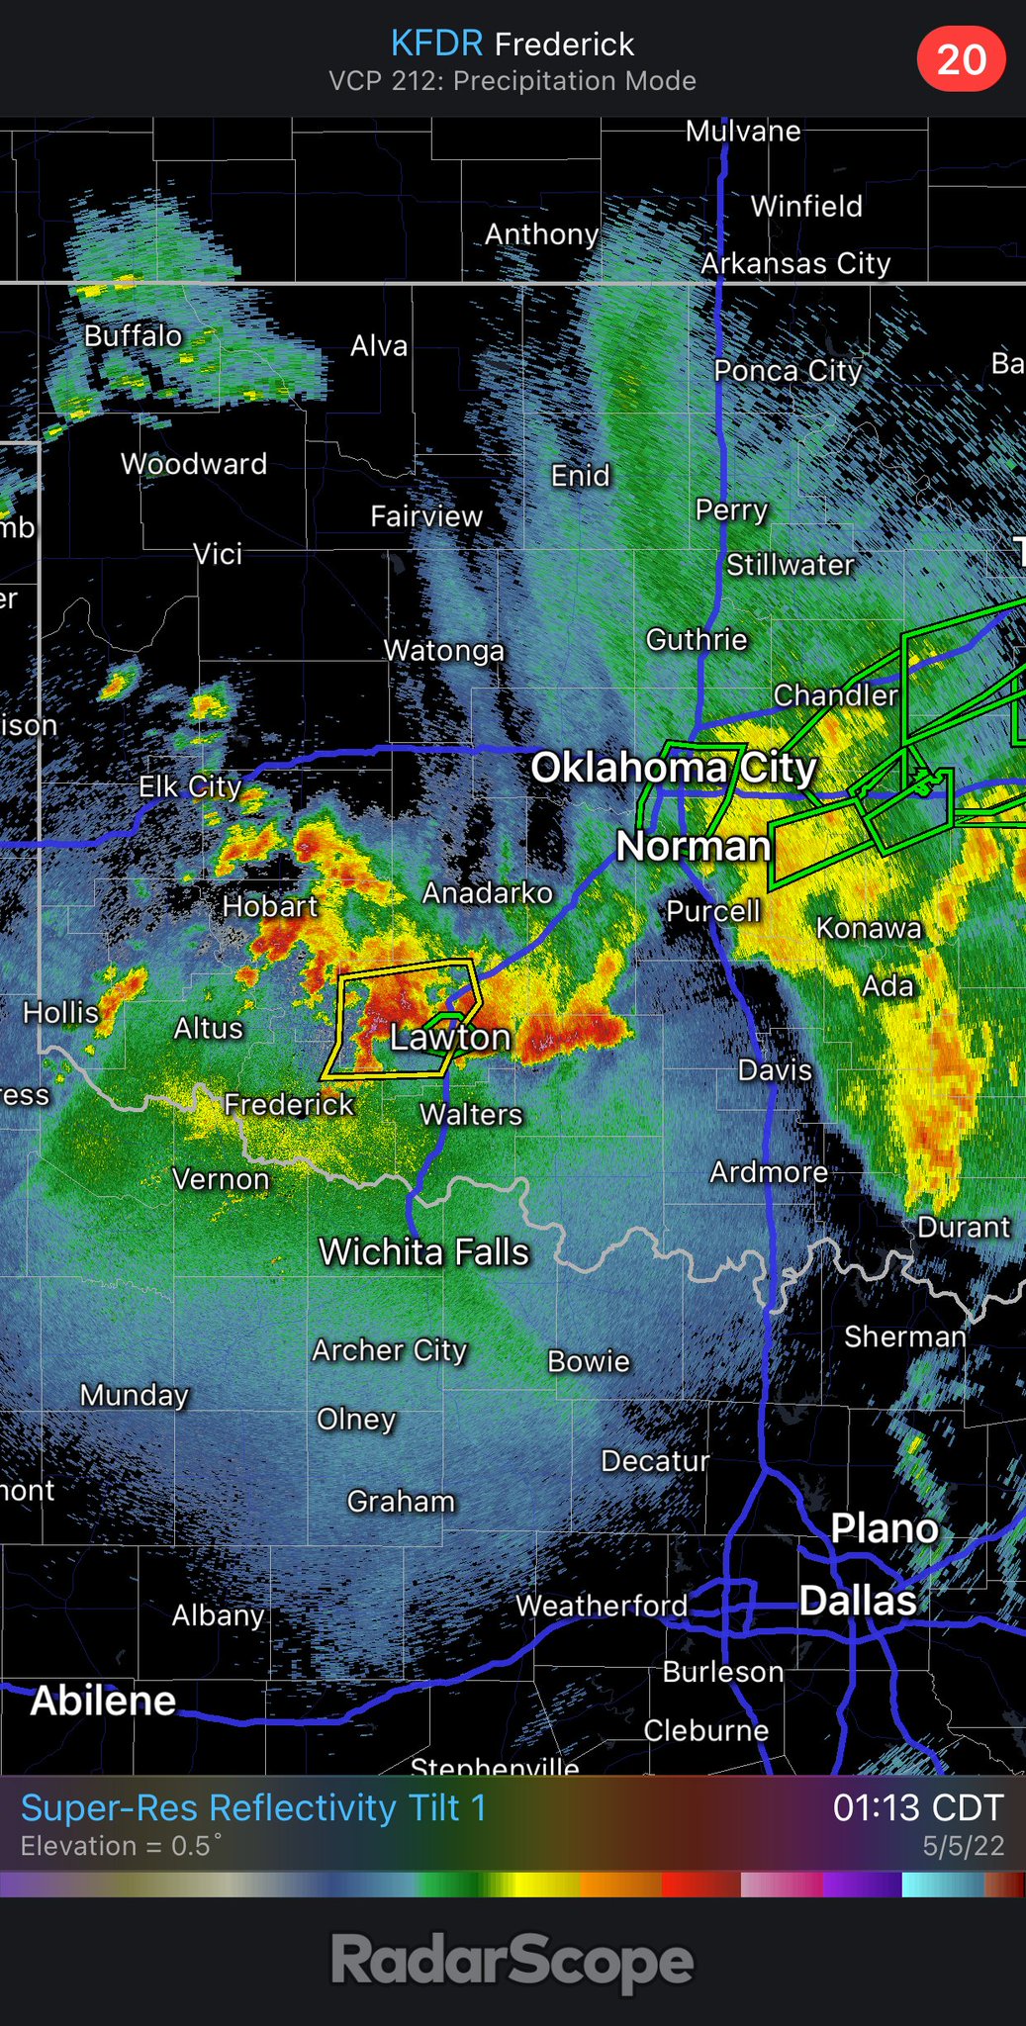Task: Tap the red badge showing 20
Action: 961,59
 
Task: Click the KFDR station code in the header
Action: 436,44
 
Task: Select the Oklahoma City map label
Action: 674,768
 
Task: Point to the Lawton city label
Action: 450,1037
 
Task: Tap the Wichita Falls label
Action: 423,1252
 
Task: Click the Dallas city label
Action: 857,1601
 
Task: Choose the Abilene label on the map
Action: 103,1701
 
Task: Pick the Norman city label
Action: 693,846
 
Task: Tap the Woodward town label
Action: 194,464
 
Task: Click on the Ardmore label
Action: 769,1172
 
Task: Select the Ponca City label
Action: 788,371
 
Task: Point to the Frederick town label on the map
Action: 288,1104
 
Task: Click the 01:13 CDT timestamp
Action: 917,1807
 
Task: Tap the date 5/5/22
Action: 963,1846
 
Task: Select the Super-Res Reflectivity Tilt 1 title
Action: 253,1807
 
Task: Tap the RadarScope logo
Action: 513,1963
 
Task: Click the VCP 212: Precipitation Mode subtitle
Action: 513,81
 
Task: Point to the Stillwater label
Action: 790,565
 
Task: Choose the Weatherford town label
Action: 601,1606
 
